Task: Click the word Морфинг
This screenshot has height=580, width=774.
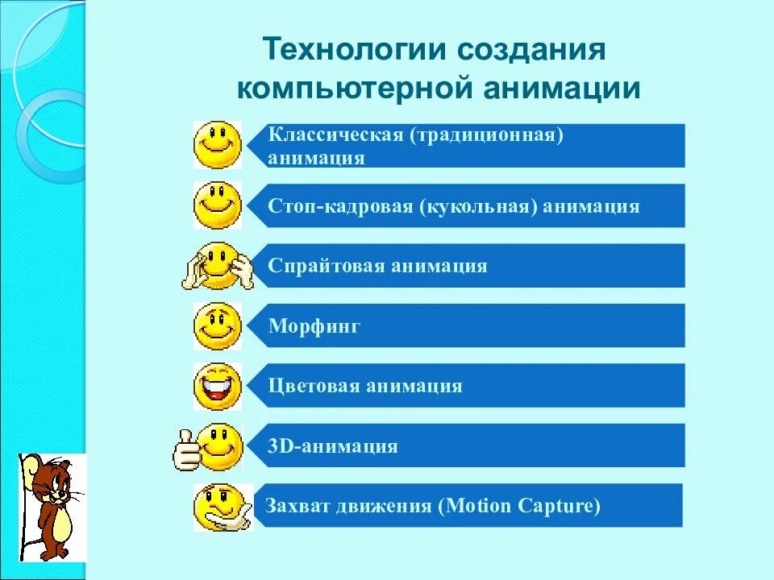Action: [314, 326]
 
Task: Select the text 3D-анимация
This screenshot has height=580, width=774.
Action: [333, 445]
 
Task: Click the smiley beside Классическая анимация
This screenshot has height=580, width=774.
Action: [217, 145]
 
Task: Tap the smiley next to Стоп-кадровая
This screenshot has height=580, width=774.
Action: [217, 205]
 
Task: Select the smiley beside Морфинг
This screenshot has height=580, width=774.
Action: [217, 325]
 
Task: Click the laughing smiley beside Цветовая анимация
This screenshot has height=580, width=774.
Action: [217, 386]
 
